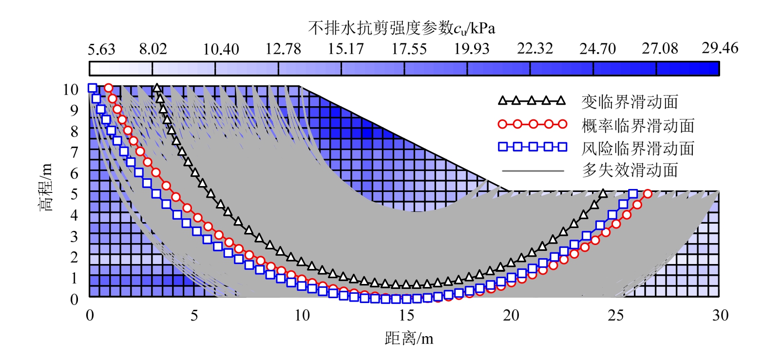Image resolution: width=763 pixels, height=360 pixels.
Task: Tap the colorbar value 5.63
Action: [x=101, y=49]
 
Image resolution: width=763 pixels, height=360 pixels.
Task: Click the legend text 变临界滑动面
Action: [x=629, y=102]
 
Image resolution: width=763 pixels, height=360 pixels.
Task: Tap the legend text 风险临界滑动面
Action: [x=637, y=147]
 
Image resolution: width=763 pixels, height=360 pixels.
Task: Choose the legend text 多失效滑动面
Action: [x=629, y=170]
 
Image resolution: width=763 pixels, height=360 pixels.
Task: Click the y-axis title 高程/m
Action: [x=44, y=193]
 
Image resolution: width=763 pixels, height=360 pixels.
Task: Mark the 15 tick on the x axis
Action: [x=405, y=315]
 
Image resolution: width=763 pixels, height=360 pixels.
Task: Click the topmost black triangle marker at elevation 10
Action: [x=156, y=88]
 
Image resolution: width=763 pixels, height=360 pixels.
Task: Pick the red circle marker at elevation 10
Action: [x=108, y=88]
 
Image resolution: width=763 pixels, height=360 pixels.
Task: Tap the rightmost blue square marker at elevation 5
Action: [x=633, y=193]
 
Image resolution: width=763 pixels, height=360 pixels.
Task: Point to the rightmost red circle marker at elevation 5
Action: [x=648, y=193]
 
